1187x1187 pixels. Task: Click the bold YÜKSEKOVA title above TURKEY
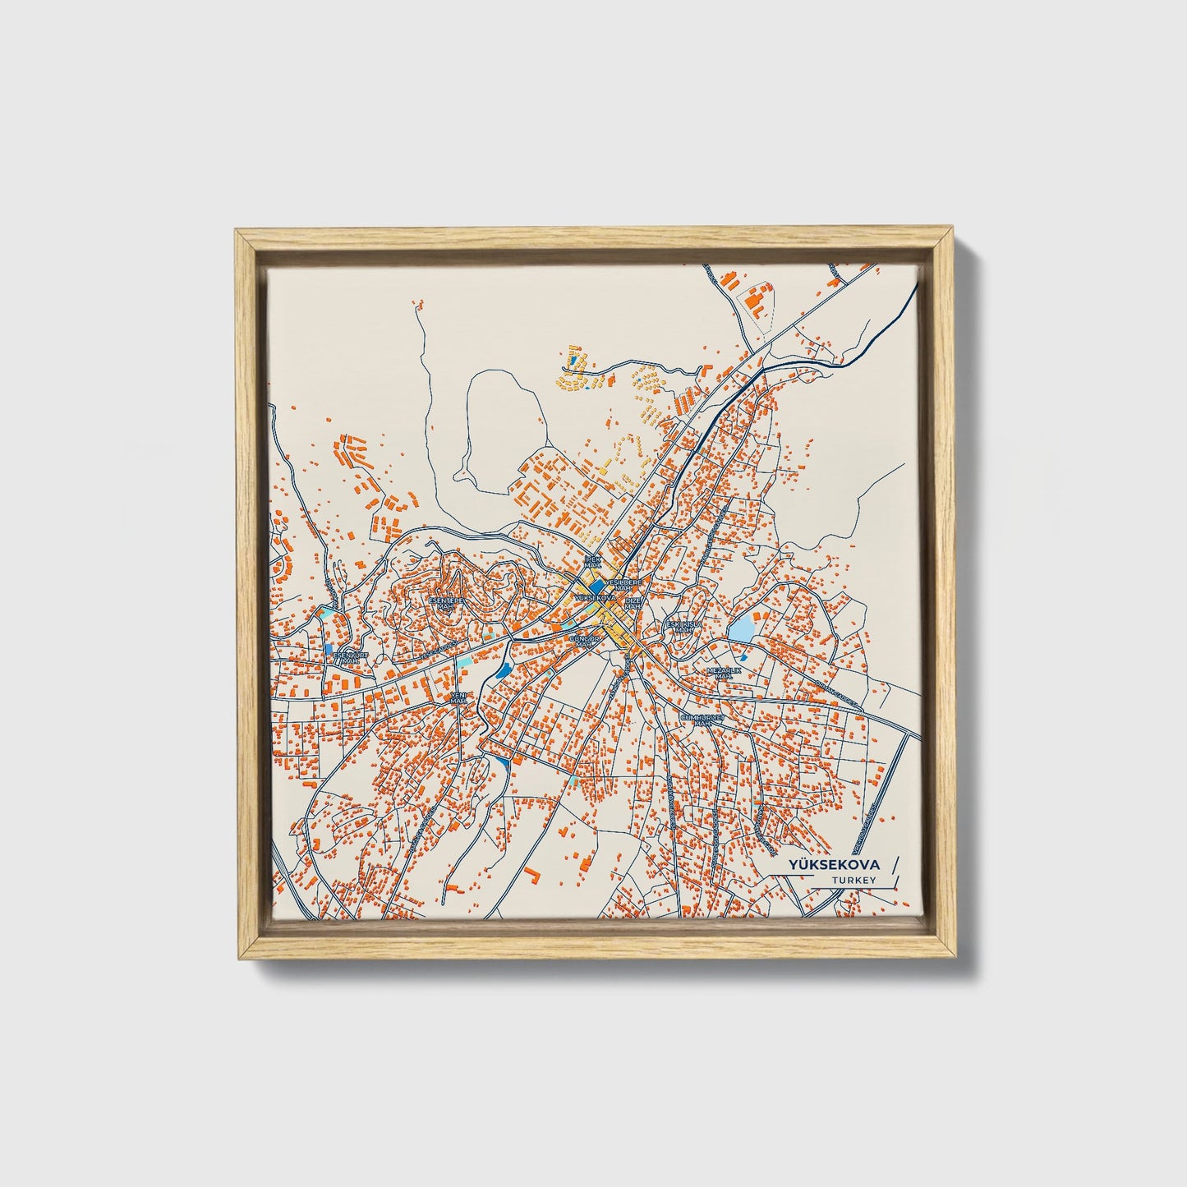point(833,865)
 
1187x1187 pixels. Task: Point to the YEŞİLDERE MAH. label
point(625,583)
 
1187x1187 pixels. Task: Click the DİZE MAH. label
point(633,604)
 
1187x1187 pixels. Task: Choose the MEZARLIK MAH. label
point(724,673)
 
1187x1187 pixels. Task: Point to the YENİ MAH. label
point(458,698)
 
